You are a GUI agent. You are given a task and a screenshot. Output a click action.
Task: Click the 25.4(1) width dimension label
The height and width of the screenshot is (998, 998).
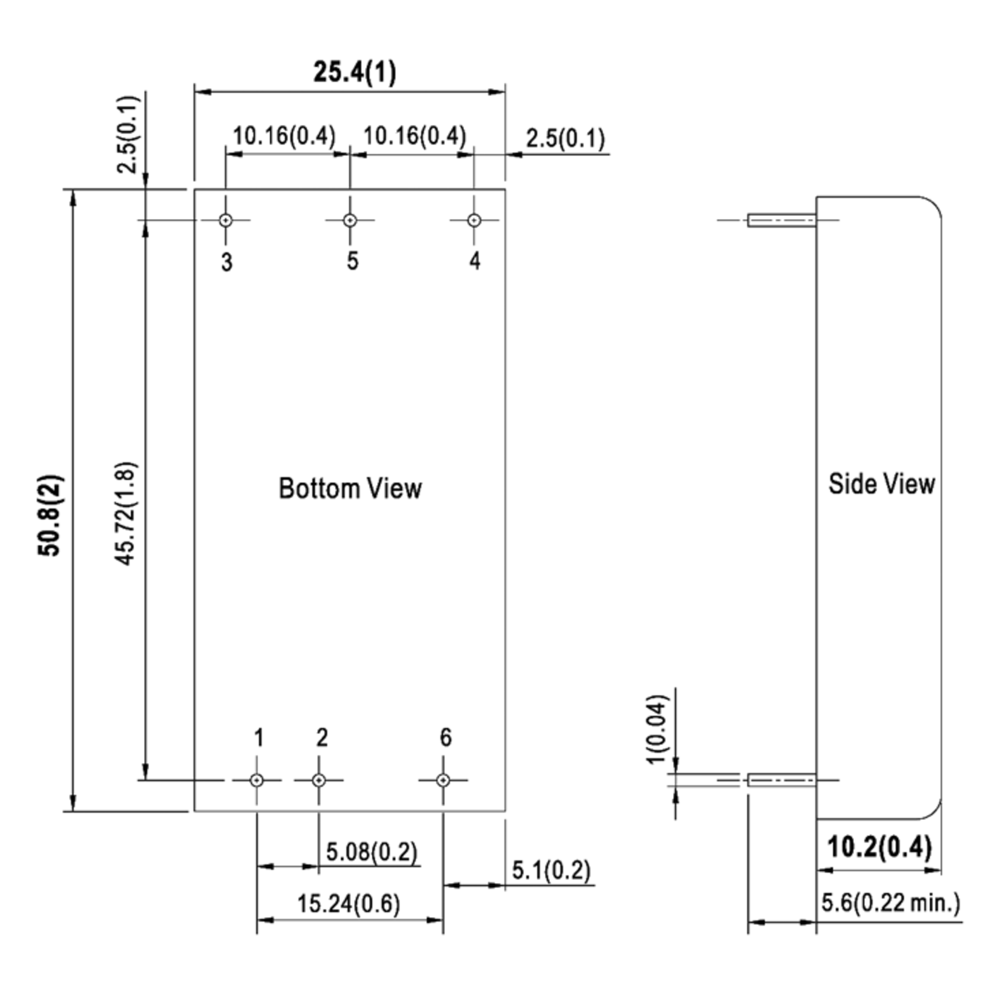[x=355, y=72]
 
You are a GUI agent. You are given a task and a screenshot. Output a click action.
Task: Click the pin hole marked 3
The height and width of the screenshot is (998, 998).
[x=226, y=220]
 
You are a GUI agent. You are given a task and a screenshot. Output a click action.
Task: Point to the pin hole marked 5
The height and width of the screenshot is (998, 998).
[x=350, y=220]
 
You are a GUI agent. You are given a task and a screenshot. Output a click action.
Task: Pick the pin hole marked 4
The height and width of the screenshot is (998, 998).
[x=474, y=220]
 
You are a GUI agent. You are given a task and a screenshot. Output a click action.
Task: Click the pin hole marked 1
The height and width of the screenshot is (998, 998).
[x=257, y=780]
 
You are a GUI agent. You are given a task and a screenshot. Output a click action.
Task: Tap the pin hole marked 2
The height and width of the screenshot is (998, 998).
[x=319, y=780]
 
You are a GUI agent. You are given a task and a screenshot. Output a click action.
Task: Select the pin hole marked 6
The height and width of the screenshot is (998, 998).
[x=443, y=780]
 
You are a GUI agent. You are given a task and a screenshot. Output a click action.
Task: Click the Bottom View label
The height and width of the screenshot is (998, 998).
[x=350, y=489]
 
